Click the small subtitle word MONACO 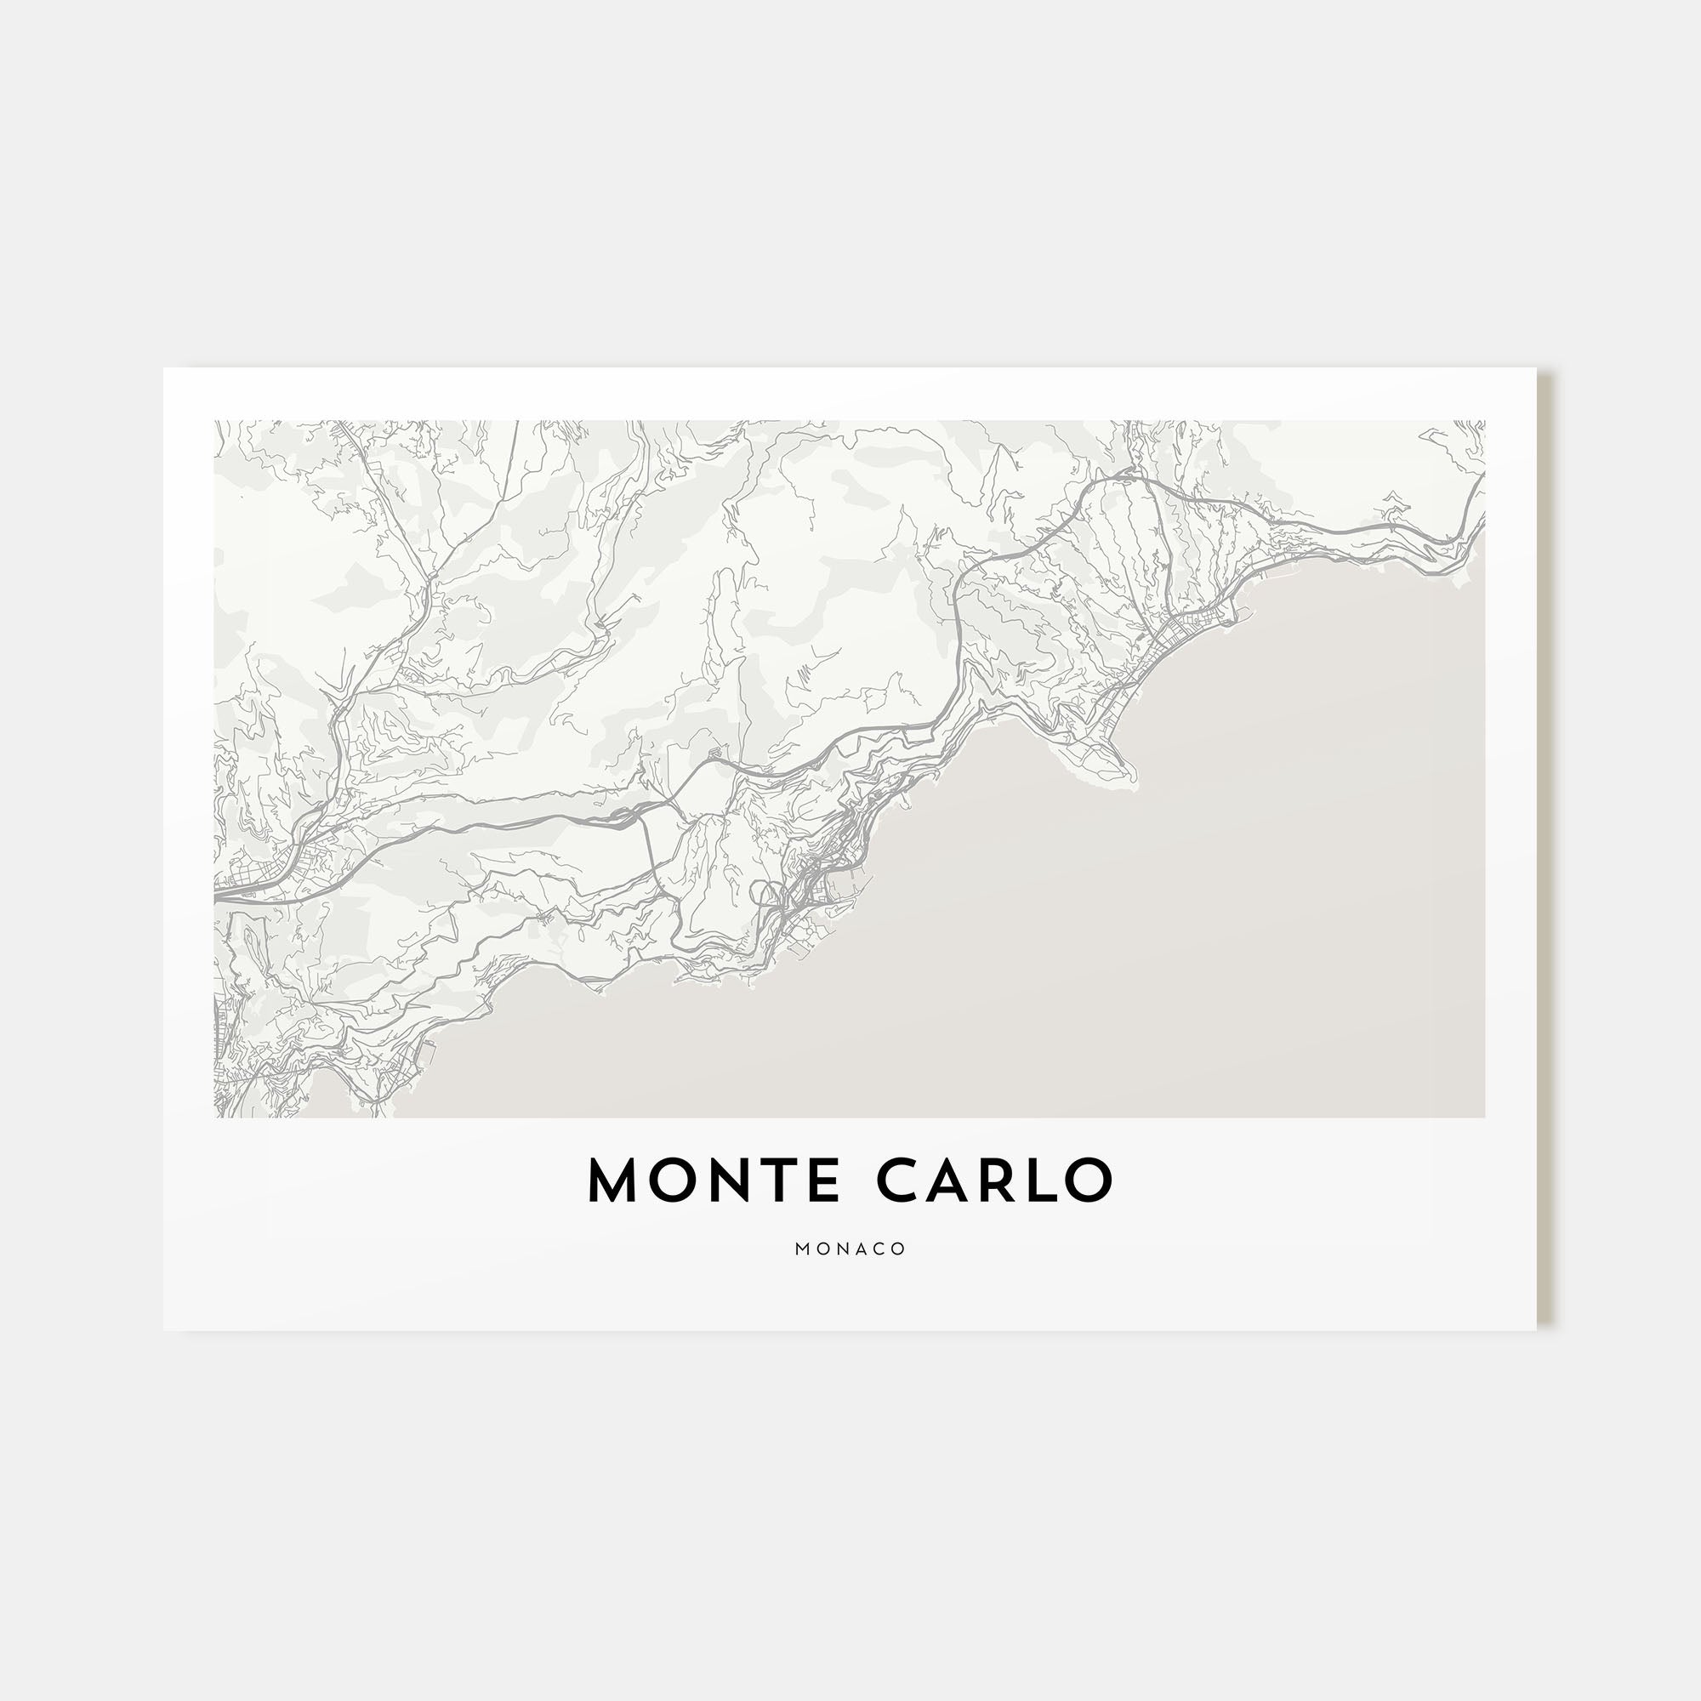coord(850,1249)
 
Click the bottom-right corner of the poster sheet coord(1536,1329)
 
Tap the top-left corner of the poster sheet coord(164,368)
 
